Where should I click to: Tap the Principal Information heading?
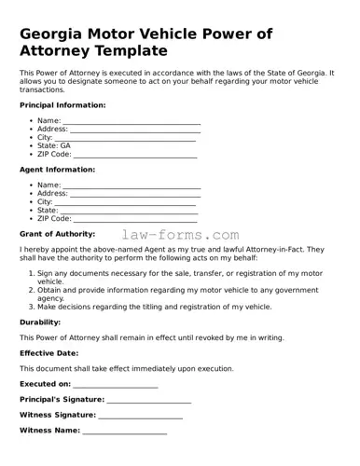point(62,105)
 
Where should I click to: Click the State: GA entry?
point(53,145)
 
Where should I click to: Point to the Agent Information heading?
point(57,170)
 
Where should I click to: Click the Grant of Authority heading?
point(57,234)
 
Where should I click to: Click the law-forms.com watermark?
point(180,236)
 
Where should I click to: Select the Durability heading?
point(40,322)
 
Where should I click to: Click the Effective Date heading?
point(49,353)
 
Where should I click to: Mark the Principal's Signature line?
point(148,400)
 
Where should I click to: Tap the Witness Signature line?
point(140,416)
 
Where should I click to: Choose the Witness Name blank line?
point(124,432)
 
